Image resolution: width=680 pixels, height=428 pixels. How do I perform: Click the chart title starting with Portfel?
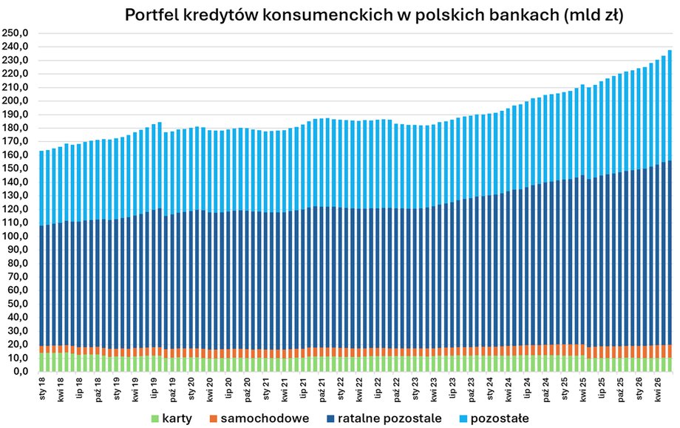point(374,16)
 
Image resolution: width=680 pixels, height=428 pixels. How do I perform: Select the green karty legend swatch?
point(154,418)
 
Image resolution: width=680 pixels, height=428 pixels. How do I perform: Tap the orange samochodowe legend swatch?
point(213,418)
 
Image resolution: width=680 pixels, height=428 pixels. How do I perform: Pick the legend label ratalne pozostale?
point(390,418)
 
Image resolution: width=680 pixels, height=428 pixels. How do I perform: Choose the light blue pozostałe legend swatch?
point(463,418)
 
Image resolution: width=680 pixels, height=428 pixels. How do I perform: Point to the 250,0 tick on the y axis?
point(16,33)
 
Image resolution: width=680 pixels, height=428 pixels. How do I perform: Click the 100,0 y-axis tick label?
point(16,237)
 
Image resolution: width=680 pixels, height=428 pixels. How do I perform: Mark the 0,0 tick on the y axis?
point(20,372)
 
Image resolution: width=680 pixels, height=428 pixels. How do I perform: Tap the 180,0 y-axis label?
point(16,128)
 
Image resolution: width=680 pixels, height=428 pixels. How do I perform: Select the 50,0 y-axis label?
point(18,304)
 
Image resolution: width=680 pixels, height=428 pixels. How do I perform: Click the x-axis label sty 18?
point(42,389)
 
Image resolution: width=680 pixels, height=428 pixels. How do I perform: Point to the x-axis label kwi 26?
point(657,389)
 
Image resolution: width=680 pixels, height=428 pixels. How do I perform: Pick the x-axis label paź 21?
point(322,389)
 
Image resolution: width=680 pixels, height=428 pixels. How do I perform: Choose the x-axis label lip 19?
point(154,388)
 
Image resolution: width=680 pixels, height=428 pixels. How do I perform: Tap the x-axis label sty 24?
point(489,389)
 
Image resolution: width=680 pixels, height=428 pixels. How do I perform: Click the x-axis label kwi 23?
point(434,389)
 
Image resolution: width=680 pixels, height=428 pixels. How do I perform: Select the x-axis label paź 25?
point(620,389)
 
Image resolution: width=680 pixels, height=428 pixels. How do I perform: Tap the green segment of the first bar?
point(41,362)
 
